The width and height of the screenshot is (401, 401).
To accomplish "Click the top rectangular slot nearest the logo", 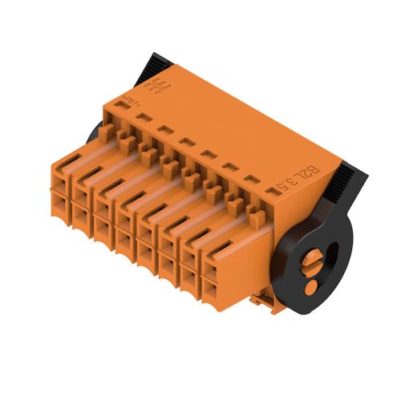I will pos(145,116).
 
